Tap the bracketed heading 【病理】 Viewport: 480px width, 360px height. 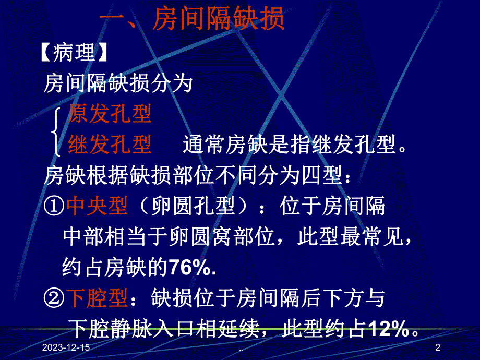pyautogui.click(x=75, y=53)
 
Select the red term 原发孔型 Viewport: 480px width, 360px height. pyautogui.click(x=110, y=115)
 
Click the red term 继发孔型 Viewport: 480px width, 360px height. pyautogui.click(x=110, y=145)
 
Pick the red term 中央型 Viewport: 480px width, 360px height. pyautogui.click(x=97, y=207)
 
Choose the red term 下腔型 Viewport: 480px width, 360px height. pyautogui.click(x=97, y=299)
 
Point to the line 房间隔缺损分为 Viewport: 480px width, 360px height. pyautogui.click(x=118, y=83)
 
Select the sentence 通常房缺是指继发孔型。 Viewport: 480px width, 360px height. pyautogui.click(x=295, y=145)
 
